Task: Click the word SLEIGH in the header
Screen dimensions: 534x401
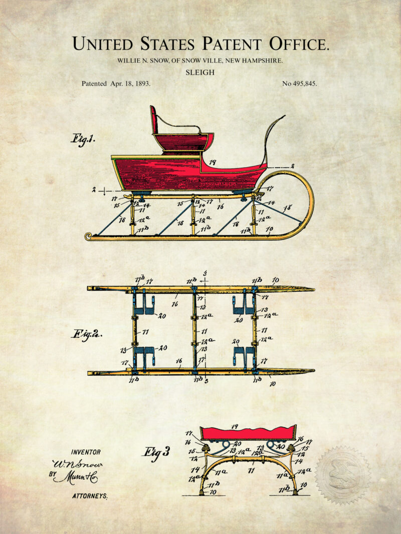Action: click(200, 72)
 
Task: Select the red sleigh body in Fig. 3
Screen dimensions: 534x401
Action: click(248, 433)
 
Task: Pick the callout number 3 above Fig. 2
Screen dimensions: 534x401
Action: click(205, 273)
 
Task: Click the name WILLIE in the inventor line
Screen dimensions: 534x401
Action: click(128, 61)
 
